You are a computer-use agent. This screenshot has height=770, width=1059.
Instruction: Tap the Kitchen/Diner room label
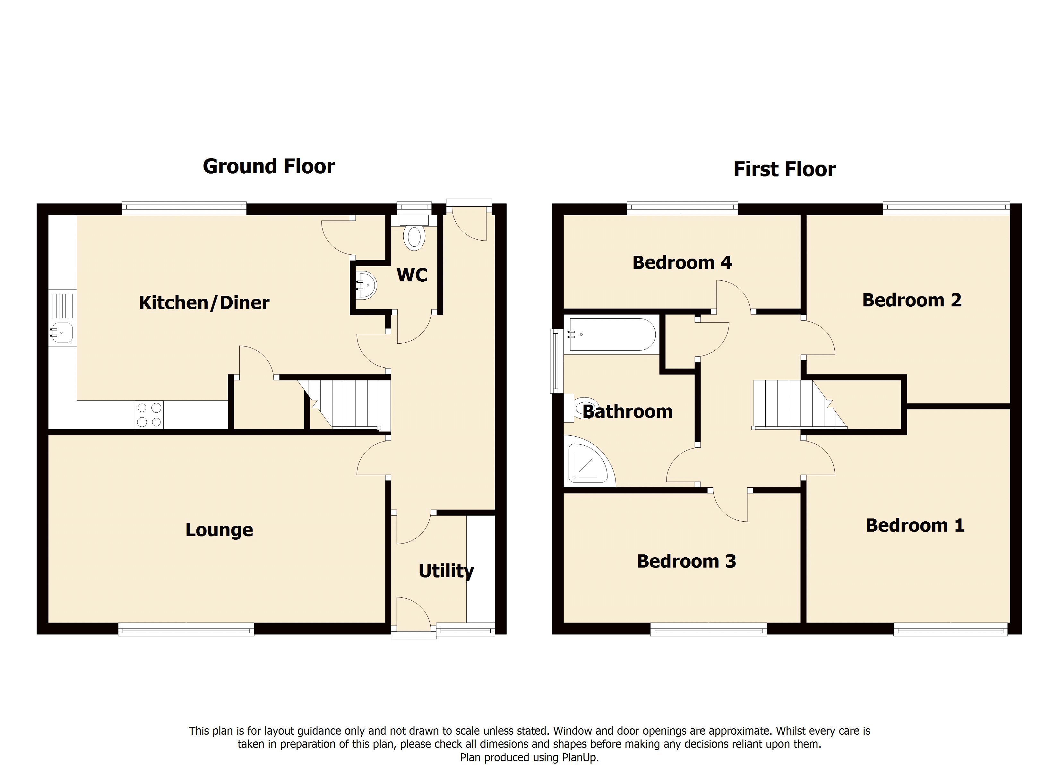(x=204, y=303)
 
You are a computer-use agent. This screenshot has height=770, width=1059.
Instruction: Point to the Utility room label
(x=446, y=571)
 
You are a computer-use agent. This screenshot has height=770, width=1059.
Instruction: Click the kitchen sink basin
(x=62, y=332)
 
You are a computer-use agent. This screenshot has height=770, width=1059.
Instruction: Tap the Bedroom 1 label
(x=915, y=525)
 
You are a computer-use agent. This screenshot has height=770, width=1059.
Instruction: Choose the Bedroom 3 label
(x=686, y=561)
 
